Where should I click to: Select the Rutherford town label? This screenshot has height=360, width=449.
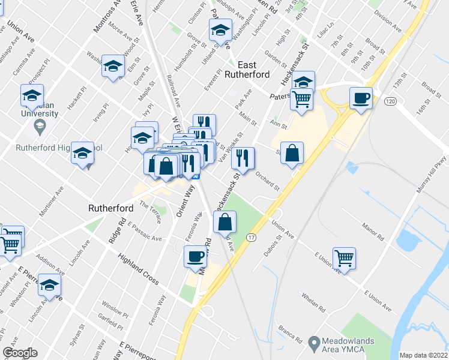[111, 208]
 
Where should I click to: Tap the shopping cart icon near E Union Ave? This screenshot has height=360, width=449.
[344, 258]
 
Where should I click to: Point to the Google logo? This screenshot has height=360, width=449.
[20, 353]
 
